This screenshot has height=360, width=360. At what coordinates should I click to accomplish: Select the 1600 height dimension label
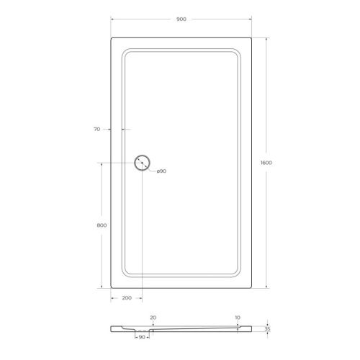click(266, 162)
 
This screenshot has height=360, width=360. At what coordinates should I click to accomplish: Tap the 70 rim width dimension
click(96, 130)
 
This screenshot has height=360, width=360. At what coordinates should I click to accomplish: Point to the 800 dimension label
click(102, 225)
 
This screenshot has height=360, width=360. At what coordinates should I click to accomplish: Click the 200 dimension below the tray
click(126, 297)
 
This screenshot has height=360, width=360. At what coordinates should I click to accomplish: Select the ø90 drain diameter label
click(161, 171)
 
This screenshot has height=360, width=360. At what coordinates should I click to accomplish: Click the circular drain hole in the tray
click(142, 163)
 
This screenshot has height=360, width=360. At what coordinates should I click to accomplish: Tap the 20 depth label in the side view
click(153, 317)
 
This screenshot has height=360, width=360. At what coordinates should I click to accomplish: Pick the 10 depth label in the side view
click(237, 317)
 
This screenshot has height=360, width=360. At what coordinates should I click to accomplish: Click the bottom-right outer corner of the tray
click(250, 285)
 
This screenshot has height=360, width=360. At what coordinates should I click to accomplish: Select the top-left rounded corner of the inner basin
click(127, 53)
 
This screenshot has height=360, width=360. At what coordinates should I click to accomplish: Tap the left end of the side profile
click(112, 329)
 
